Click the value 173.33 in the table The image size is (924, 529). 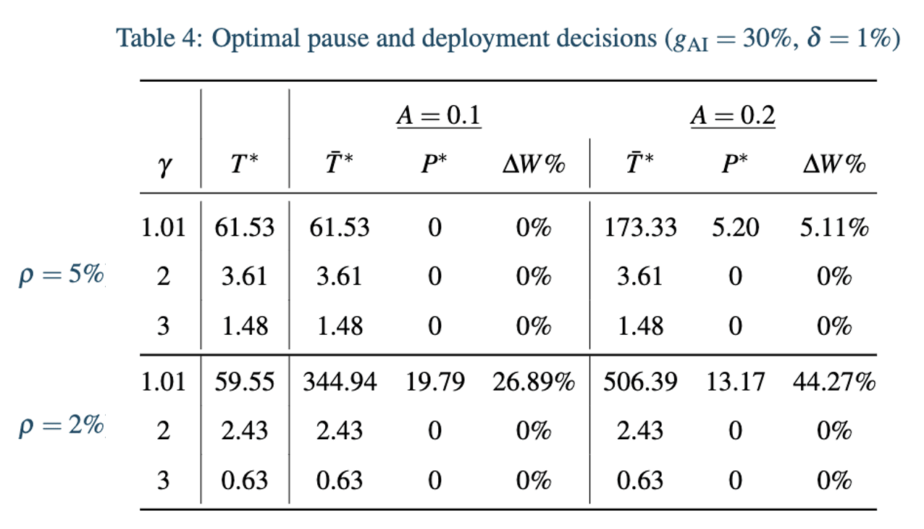(640, 228)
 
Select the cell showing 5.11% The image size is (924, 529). (834, 228)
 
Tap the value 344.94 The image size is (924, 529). (340, 381)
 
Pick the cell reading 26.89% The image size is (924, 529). (534, 381)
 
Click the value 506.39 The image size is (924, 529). (640, 381)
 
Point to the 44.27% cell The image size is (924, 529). (834, 381)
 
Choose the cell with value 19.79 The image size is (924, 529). (435, 381)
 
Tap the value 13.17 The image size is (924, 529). (736, 381)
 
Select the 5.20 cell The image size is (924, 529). (736, 228)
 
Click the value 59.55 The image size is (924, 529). (244, 381)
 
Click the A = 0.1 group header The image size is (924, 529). (439, 115)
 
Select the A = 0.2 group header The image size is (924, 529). (733, 115)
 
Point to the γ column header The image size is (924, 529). (164, 166)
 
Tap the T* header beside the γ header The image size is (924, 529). (244, 163)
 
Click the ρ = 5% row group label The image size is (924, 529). (61, 275)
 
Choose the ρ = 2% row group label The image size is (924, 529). (61, 425)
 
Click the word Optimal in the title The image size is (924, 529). (256, 39)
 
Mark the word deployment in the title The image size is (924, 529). (539, 39)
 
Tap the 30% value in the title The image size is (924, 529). (767, 38)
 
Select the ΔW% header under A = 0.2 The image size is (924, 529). (834, 164)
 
